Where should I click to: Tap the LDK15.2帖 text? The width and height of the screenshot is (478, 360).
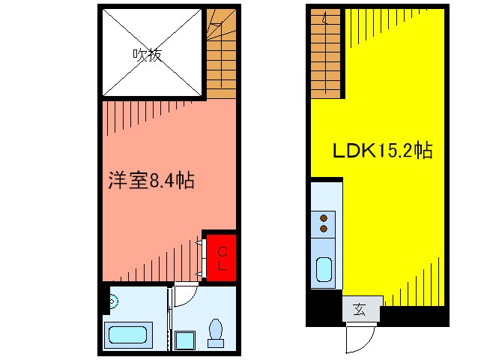pyautogui.click(x=382, y=150)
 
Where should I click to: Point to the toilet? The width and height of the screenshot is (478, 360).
pyautogui.click(x=217, y=331)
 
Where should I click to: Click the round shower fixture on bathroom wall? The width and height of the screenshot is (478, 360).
pyautogui.click(x=112, y=301)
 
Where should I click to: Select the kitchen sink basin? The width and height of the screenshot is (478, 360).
pyautogui.click(x=324, y=268)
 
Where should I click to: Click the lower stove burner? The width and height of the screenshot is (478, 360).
pyautogui.click(x=324, y=228)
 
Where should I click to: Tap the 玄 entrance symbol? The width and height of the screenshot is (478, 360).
pyautogui.click(x=361, y=309)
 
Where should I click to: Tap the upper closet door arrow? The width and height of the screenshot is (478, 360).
pyautogui.click(x=199, y=242)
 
